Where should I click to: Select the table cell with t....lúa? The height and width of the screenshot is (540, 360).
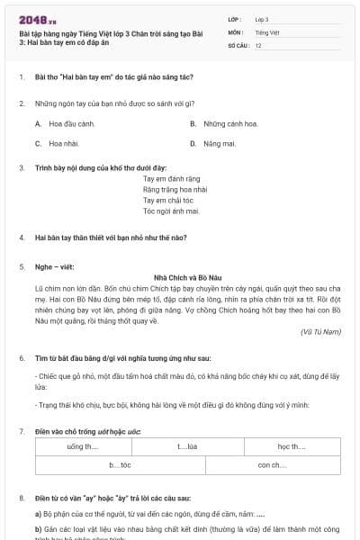point(186,446)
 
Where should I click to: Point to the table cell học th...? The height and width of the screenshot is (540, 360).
point(292,446)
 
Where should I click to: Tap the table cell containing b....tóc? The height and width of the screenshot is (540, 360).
point(121,464)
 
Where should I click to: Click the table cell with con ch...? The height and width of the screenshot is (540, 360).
point(272,464)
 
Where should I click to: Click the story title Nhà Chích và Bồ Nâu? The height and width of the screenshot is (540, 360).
point(180,276)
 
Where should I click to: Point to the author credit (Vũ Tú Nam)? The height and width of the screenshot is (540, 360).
point(320,332)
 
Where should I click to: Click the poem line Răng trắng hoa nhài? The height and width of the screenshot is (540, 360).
point(175,190)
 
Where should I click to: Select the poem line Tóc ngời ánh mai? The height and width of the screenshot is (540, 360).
point(171,211)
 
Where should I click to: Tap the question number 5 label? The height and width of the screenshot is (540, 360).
point(22,266)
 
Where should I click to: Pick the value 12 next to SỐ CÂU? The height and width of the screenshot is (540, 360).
point(258,44)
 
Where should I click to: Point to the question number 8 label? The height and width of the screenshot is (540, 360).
point(22,497)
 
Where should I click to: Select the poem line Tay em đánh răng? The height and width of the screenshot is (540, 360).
point(169,179)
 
